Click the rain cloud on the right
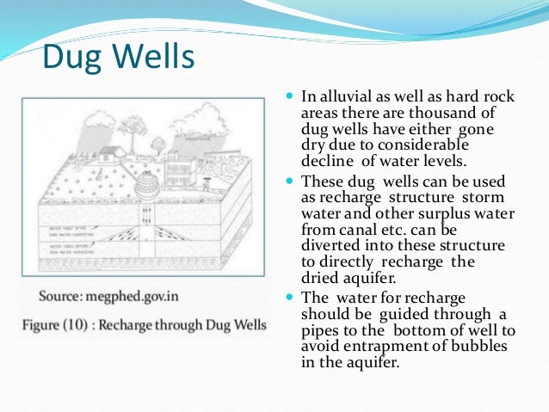pyautogui.click(x=211, y=120)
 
